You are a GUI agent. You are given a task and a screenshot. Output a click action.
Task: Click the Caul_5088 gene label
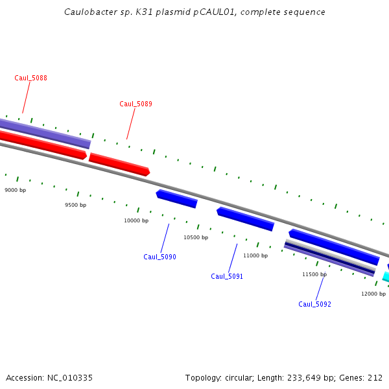point(30,78)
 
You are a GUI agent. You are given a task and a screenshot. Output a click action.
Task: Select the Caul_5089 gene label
point(136,104)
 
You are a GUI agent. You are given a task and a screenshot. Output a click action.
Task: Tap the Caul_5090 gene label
point(159,257)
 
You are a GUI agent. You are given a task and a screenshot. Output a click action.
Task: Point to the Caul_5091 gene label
point(227,276)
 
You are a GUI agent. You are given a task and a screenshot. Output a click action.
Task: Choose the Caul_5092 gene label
point(314,304)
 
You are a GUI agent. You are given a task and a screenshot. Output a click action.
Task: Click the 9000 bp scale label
point(15,190)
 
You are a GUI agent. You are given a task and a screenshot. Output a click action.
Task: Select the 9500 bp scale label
point(75,205)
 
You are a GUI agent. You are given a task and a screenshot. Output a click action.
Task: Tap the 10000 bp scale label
point(136,220)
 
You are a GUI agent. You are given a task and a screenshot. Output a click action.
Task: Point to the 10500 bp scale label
point(196,237)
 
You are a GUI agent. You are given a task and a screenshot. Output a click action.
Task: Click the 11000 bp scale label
point(255,255)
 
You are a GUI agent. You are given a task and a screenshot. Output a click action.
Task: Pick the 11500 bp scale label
point(314,274)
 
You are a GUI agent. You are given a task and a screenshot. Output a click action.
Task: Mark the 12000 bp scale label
point(373,294)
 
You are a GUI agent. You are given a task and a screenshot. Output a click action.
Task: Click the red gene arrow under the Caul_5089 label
point(119,165)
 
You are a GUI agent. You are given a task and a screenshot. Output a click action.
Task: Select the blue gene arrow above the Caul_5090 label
point(176,198)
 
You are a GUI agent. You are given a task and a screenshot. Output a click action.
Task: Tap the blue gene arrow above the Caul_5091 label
point(245,219)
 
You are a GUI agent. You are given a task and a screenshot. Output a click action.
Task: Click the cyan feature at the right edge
point(386,277)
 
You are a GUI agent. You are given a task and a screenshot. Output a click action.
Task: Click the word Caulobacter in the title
point(92,12)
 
